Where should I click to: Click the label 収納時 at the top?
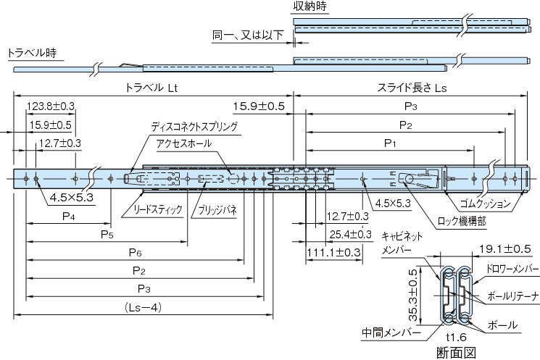tap(310, 7)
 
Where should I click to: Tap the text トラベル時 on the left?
tap(31, 54)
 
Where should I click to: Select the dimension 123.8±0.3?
tap(51, 106)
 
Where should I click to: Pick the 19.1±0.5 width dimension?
tap(505, 248)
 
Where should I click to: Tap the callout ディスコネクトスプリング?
tap(194, 126)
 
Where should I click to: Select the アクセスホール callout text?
tap(184, 143)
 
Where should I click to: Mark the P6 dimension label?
tap(134, 252)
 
